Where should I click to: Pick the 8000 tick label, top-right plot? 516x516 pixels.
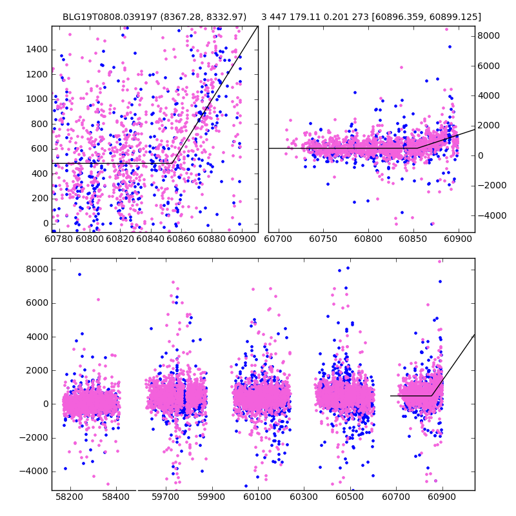[488, 35]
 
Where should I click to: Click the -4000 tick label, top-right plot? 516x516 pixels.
[491, 215]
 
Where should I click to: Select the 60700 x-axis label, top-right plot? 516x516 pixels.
[278, 239]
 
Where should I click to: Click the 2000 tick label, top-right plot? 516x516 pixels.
[488, 126]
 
